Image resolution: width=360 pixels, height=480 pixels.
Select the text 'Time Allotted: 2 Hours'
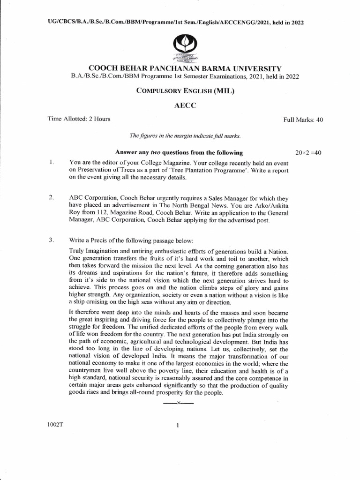79,119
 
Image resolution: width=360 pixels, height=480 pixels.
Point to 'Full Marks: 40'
303,120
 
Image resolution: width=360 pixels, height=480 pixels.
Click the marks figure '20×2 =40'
308,152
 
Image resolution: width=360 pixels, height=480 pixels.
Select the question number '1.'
51,162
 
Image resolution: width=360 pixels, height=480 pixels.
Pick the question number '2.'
52,199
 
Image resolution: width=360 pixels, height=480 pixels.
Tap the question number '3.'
52,240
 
